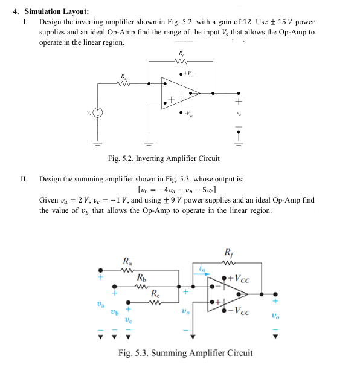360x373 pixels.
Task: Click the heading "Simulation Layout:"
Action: click(x=56, y=11)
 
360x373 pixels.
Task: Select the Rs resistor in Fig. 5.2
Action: click(x=124, y=84)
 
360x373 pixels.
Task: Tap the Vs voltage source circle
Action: click(x=98, y=113)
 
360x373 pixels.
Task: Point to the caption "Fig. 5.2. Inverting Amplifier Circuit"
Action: click(x=163, y=158)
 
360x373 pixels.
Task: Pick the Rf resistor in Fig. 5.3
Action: click(x=228, y=262)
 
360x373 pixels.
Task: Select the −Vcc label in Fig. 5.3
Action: click(x=240, y=312)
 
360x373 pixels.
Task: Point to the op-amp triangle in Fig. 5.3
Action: click(x=226, y=295)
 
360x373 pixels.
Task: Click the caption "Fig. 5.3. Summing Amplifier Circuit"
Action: click(x=185, y=352)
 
